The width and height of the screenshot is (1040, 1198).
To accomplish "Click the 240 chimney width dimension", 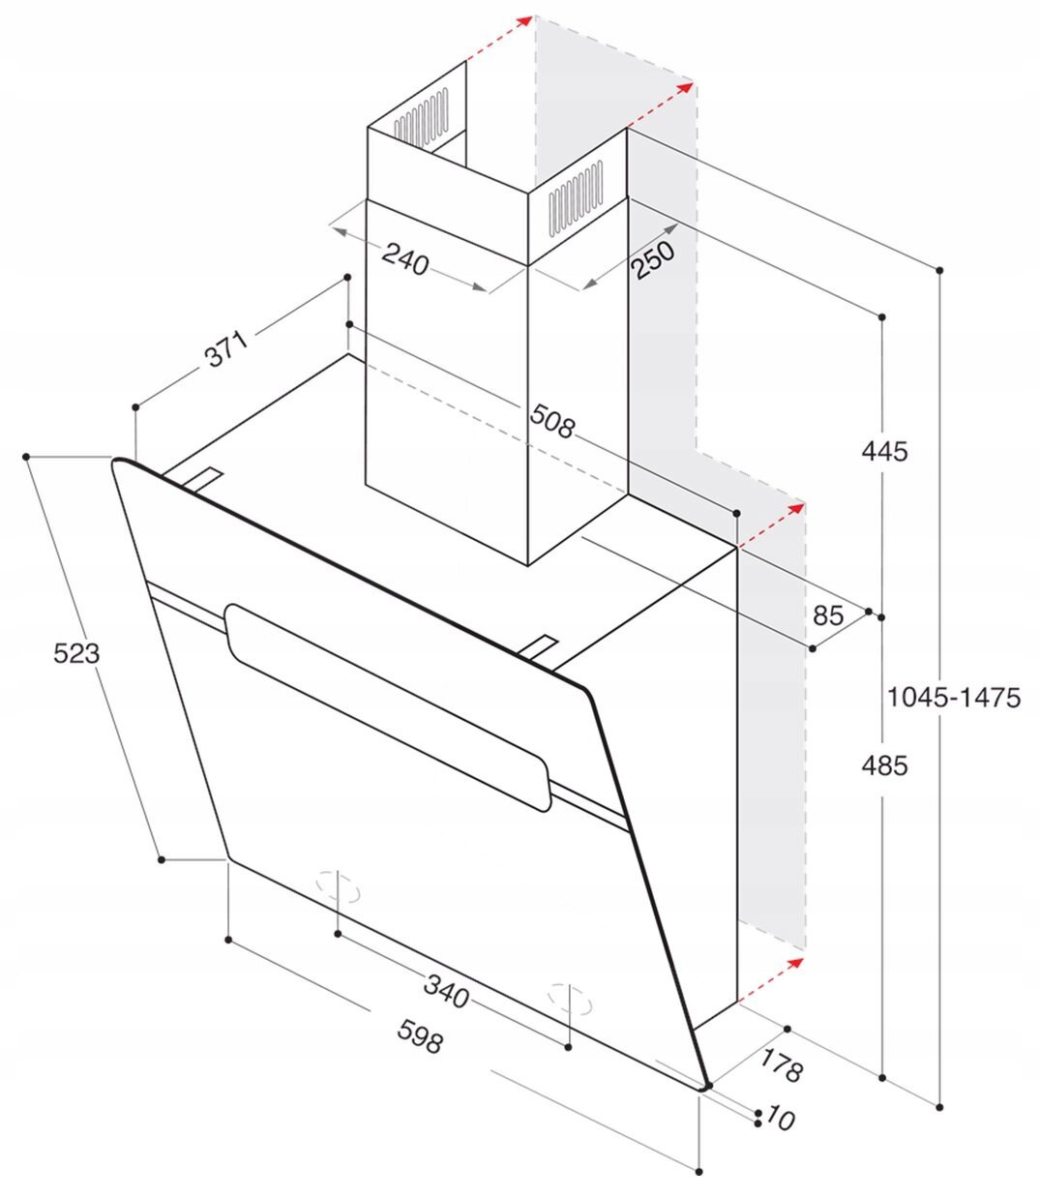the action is pos(405,259).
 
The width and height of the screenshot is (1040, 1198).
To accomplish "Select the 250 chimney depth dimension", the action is pos(653,259).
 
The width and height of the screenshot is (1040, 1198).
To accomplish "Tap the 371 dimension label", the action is pos(226,348).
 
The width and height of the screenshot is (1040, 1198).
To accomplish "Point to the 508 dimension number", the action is pos(551,421).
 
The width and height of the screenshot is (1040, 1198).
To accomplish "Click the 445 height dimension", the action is pos(883,452).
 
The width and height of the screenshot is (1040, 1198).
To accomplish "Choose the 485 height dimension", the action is pos(883,765).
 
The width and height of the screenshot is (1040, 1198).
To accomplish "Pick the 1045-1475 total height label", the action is pos(954,697).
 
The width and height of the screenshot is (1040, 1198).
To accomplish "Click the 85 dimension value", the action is pos(827,615).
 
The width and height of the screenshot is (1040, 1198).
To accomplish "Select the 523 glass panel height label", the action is pos(76,653).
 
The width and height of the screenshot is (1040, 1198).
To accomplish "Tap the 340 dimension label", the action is pos(446,991).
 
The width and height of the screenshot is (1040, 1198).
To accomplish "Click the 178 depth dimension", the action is pos(782,1063).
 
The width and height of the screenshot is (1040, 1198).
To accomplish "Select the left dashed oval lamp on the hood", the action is pos(339,890).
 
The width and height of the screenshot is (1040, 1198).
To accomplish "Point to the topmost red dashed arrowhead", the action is pos(525,22).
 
